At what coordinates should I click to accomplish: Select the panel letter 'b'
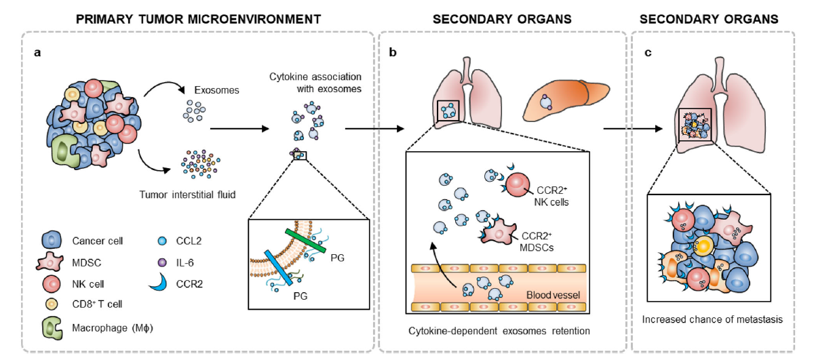point(393,52)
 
